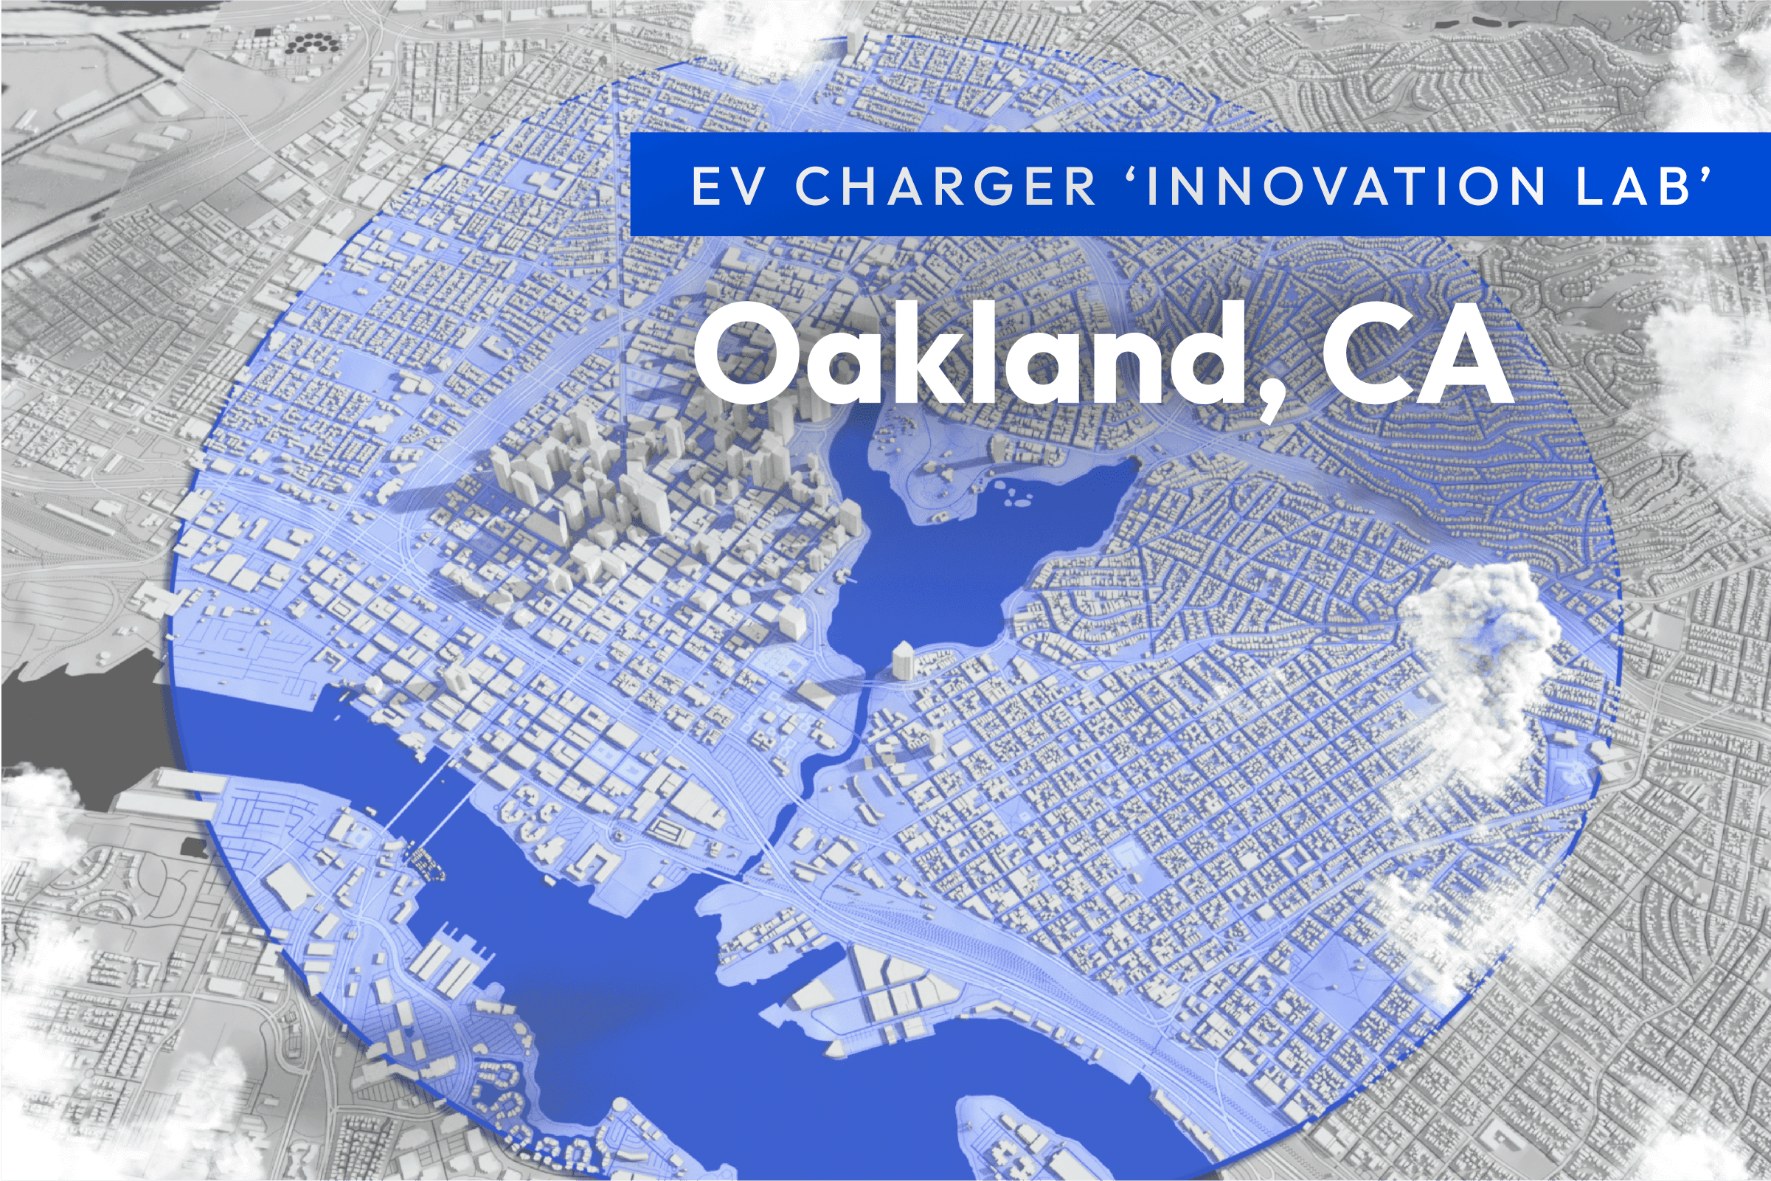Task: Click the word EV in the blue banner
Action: coord(727,187)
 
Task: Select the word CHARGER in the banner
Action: coord(946,187)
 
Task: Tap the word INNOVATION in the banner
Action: coord(1346,187)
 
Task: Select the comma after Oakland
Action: coord(1272,396)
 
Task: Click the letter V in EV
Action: coord(748,187)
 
